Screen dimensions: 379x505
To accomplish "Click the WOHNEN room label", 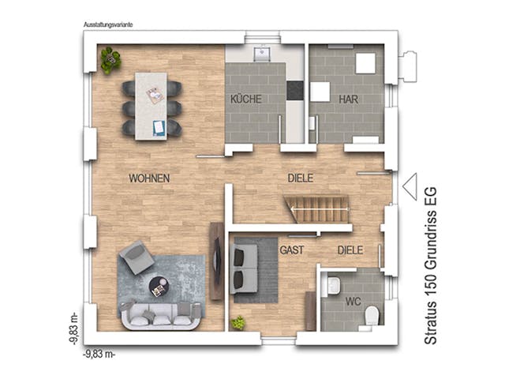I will point(149,178).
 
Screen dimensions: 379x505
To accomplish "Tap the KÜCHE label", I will point(245,99).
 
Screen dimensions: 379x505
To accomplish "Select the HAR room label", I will point(349,99).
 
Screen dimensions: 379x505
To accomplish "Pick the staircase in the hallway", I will point(319,211).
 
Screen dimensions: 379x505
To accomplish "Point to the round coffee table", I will point(159,286).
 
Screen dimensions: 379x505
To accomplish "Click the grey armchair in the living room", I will point(136,257).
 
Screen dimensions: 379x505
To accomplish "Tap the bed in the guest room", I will point(252,268).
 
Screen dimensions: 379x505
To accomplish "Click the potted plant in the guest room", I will point(238,323).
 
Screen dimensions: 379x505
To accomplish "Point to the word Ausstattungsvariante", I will point(109,24).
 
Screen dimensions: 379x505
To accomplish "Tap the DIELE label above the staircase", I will point(301,178).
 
